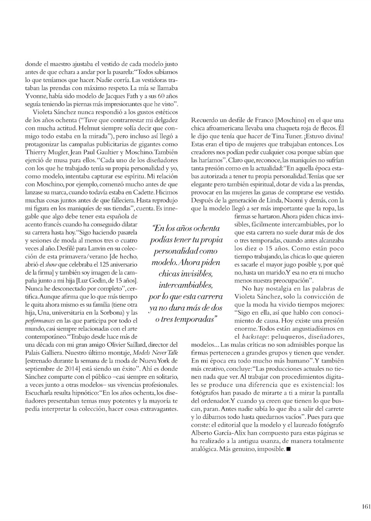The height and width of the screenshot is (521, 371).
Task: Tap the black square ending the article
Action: pos(288,449)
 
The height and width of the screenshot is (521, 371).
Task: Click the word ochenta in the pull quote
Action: pos(205,228)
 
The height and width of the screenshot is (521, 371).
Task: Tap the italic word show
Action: pos(51,264)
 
